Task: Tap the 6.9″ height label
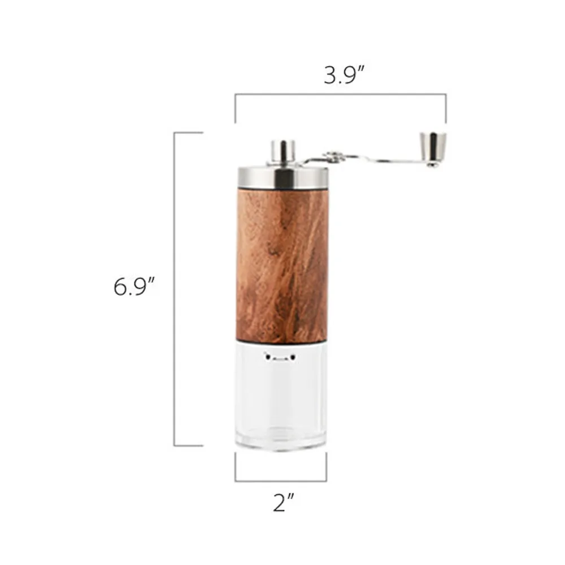[134, 287]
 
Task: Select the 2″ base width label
[281, 502]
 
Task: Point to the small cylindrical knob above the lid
[282, 151]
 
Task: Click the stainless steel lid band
[282, 177]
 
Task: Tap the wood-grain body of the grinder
[282, 266]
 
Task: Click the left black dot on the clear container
[266, 356]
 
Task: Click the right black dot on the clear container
[293, 356]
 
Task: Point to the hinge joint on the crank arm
[333, 157]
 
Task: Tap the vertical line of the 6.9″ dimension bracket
[175, 288]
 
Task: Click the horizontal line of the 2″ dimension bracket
[281, 481]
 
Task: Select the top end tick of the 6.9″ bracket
[188, 133]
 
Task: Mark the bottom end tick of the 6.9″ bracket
[188, 446]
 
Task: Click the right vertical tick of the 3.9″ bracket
[446, 108]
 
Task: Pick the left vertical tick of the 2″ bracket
[236, 467]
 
